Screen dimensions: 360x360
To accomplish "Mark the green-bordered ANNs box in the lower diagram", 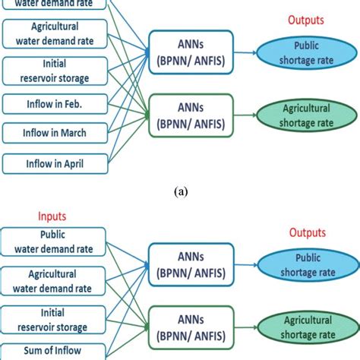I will pyautogui.click(x=192, y=323).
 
